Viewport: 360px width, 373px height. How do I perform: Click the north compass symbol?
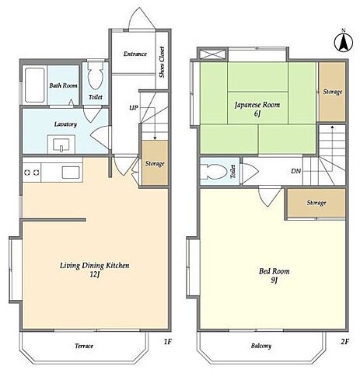344,43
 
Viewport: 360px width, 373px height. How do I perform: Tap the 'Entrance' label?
135,54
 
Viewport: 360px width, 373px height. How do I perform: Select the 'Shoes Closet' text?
162,62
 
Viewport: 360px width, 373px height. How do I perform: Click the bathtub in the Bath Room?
34,85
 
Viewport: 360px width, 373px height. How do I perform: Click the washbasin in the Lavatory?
61,144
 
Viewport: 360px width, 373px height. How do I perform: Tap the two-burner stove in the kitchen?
32,173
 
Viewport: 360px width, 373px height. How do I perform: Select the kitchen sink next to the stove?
71,173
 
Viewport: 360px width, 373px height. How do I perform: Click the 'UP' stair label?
134,107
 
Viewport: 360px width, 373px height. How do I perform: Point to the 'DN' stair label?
295,171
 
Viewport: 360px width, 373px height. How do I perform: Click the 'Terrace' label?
84,346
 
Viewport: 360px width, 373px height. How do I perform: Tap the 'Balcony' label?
261,346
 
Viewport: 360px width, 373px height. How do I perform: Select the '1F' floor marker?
168,342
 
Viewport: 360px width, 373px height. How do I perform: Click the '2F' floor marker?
344,342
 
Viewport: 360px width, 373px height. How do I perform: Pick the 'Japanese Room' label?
257,105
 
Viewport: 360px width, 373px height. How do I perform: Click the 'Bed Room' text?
274,271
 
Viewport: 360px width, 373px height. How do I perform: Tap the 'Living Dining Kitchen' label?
95,266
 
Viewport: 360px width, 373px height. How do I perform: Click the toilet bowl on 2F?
215,172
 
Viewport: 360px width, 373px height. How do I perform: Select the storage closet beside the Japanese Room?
332,92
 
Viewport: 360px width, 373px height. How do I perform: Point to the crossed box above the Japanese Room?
212,54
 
